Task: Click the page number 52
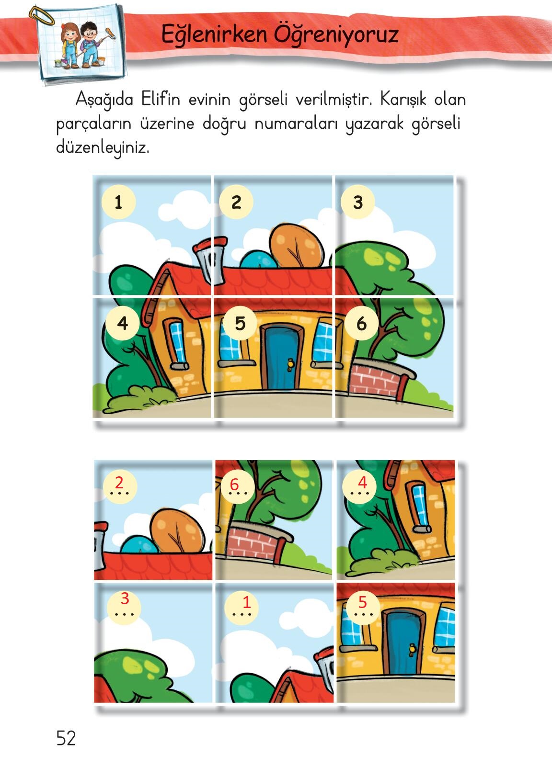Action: (66, 738)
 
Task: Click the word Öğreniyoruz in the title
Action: (336, 35)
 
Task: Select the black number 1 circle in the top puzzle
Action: (118, 202)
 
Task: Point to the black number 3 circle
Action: (357, 202)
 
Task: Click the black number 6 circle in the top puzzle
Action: (361, 323)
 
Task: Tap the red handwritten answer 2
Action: (119, 483)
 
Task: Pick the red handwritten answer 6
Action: (234, 485)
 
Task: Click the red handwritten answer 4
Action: (363, 483)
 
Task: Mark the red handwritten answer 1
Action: (247, 602)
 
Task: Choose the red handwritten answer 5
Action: (363, 602)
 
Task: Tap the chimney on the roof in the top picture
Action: (211, 260)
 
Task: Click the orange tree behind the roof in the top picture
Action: (297, 246)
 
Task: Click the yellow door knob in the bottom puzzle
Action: (412, 649)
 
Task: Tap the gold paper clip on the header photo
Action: (42, 16)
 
